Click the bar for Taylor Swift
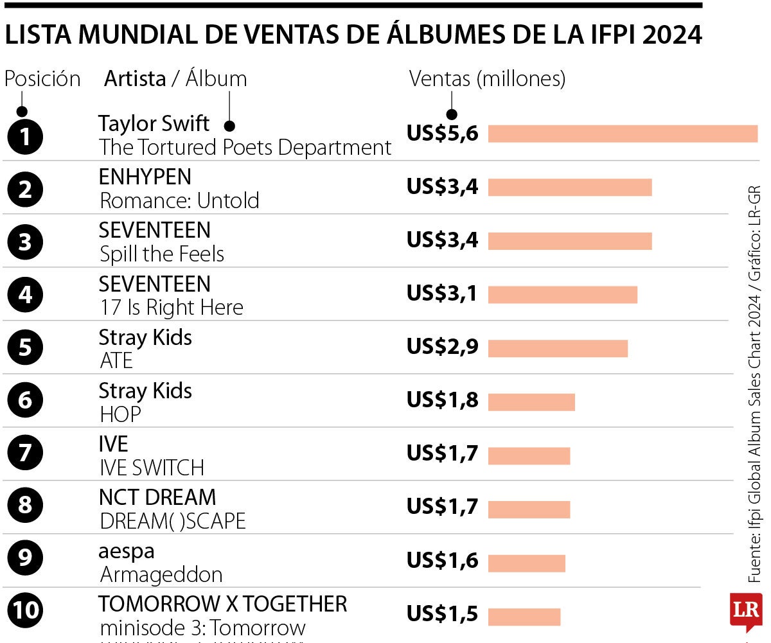623,134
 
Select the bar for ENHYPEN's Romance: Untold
570,187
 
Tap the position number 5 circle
25,348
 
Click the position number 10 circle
25,610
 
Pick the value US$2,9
443,347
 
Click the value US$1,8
443,400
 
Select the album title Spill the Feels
162,254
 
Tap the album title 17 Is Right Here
172,308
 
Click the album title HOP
120,415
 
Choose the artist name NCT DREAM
157,497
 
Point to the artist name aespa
127,551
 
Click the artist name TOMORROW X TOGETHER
222,604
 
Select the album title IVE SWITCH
152,468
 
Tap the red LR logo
745,610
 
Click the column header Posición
42,79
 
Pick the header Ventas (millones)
487,79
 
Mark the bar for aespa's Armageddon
527,563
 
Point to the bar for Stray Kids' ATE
558,348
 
